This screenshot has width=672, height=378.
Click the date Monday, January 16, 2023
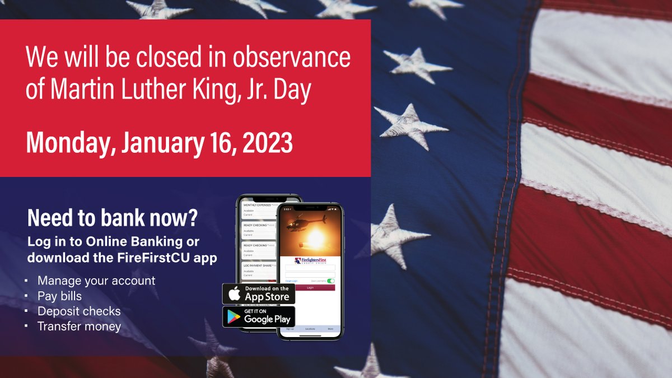(160, 143)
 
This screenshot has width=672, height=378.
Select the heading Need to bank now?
(112, 218)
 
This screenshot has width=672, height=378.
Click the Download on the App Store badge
(259, 293)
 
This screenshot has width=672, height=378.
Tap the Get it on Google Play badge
(259, 316)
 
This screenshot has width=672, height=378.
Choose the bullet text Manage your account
(96, 280)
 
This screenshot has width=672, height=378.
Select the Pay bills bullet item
(59, 296)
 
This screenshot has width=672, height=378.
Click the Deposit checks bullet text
(79, 311)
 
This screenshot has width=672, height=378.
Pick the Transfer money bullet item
(79, 326)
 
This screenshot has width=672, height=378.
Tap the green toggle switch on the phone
(330, 281)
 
